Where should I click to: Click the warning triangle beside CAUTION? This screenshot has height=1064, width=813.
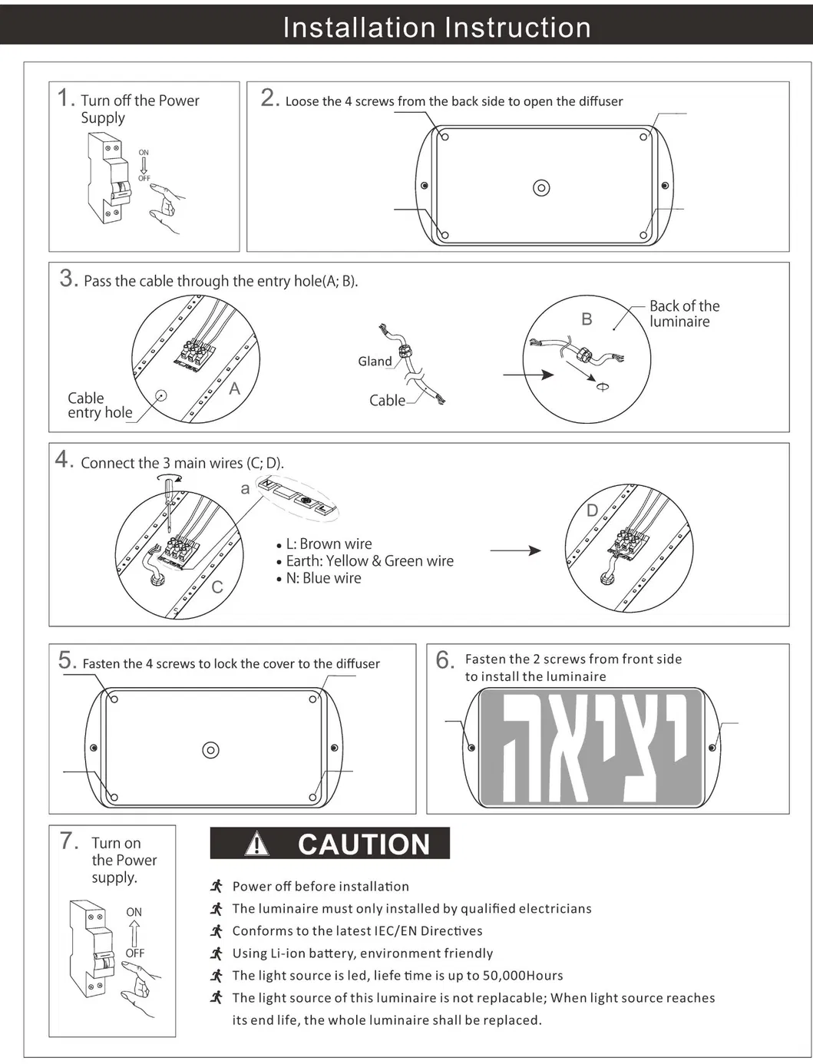coord(257,844)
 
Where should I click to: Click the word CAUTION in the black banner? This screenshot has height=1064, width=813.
coord(364,844)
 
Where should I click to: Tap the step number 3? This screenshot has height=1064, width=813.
coord(68,279)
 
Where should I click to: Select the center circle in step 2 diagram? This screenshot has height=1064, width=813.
coord(541,188)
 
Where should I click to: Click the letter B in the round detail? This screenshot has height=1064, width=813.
coord(587,319)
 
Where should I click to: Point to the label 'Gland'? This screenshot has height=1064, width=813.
coord(375,362)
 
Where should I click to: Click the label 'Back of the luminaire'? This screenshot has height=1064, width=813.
coord(683,313)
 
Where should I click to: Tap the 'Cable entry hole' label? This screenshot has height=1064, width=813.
coord(99,405)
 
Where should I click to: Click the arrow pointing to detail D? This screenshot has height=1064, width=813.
coord(515,550)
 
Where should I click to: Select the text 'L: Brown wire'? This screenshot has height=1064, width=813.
coord(329,544)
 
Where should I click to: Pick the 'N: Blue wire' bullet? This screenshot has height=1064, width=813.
coord(323,578)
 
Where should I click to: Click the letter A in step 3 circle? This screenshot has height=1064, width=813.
coord(234,389)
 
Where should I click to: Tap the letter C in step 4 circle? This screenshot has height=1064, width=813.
coord(217,587)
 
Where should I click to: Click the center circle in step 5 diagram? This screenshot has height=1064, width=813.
coord(210,750)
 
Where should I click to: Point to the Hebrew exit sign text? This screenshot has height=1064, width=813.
coord(591,748)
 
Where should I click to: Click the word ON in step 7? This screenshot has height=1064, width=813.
coord(134,912)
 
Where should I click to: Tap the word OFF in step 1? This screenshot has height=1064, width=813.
coord(144,178)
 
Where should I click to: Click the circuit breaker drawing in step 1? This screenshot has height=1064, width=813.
coord(107,178)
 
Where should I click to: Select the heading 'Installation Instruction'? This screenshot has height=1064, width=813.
coord(437,28)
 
